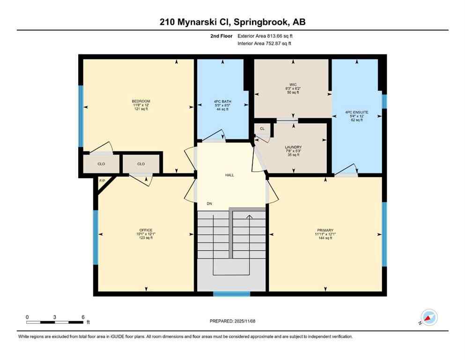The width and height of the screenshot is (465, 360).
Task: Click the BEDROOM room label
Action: click(x=141, y=101)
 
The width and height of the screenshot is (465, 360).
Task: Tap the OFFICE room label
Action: click(x=146, y=230)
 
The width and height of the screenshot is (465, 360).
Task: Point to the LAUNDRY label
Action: click(x=293, y=147)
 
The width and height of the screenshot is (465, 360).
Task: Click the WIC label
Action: click(x=293, y=85)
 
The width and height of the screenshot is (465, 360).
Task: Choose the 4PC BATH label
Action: click(x=219, y=102)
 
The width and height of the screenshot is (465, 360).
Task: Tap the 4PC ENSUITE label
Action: click(x=357, y=112)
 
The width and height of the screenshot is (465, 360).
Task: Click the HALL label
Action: click(x=229, y=175)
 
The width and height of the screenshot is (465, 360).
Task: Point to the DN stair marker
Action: click(x=210, y=204)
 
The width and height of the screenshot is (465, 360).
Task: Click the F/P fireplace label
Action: click(x=102, y=180)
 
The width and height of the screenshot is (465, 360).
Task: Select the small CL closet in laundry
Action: click(x=262, y=128)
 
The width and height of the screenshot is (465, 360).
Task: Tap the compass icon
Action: click(x=429, y=318)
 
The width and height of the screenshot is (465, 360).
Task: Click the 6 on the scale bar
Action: click(x=83, y=317)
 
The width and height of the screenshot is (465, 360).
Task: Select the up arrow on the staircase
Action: click(x=249, y=217)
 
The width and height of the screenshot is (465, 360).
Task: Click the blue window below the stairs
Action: click(x=231, y=294)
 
